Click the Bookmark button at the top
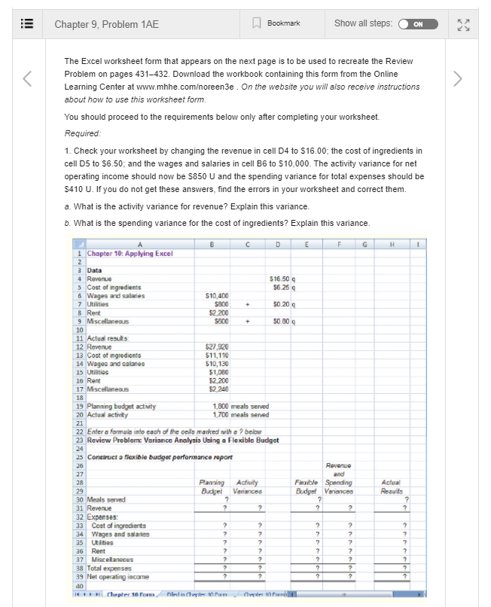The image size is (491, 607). click(278, 23)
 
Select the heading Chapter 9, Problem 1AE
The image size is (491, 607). click(106, 24)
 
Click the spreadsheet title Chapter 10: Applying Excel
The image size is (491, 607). click(129, 254)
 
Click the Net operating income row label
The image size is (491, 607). click(120, 575)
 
